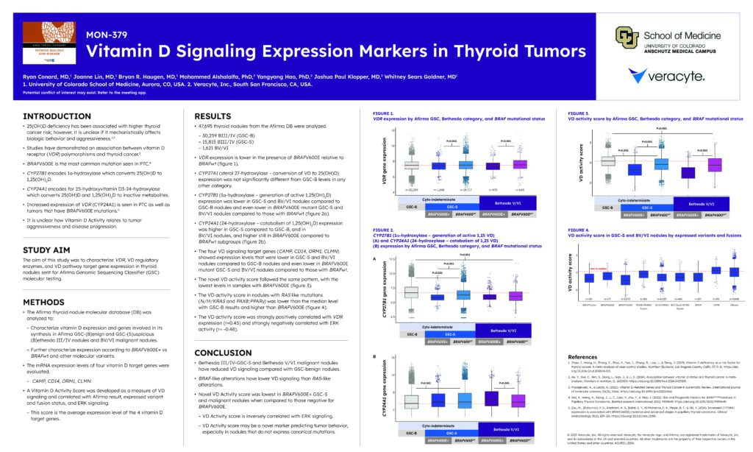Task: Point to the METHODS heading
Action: click(44, 302)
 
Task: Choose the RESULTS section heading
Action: click(213, 116)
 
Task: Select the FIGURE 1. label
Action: click(377, 112)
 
